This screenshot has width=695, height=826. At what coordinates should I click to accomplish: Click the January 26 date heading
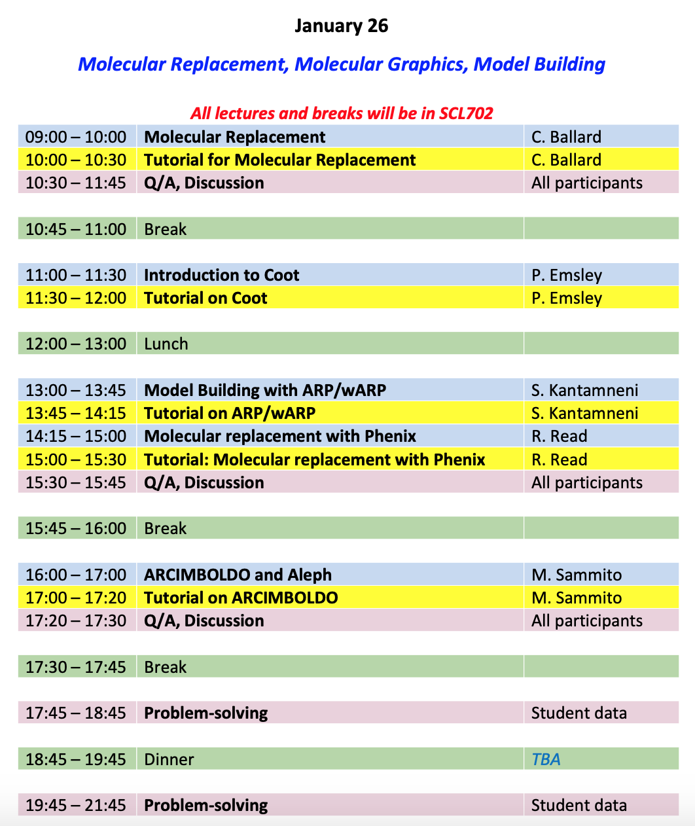341,26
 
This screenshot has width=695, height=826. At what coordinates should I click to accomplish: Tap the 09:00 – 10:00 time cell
76,137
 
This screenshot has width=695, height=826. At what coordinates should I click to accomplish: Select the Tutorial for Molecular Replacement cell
279,160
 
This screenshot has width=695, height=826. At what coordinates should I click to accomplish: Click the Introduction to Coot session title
221,275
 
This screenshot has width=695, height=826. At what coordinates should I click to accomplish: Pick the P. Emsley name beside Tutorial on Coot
566,298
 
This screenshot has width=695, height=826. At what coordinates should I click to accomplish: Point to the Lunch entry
166,344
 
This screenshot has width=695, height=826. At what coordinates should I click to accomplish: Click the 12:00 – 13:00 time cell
76,344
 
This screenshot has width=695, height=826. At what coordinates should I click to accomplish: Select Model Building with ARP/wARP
264,390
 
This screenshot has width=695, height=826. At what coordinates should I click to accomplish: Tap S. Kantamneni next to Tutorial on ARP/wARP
584,413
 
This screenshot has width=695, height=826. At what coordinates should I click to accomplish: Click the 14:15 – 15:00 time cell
76,436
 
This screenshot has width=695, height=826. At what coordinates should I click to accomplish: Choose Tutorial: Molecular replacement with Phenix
314,459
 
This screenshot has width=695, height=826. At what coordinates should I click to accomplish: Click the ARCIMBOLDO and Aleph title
238,575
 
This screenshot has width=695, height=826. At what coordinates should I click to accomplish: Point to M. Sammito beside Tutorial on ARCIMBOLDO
577,598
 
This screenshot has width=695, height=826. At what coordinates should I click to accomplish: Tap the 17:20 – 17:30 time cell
76,620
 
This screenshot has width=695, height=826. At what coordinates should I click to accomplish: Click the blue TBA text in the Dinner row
546,759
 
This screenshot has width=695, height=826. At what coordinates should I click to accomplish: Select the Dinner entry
169,759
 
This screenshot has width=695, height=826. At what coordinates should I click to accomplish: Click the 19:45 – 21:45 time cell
76,805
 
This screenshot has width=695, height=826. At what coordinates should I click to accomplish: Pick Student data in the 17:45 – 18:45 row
579,713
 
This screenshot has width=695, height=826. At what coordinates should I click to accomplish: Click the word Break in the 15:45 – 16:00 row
165,528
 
